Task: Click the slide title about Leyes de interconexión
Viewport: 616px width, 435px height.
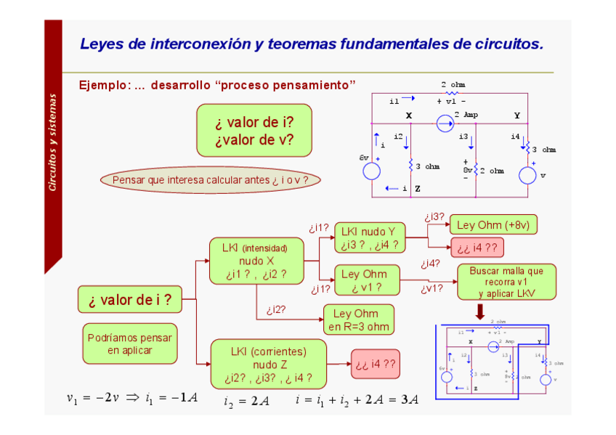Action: tap(311, 44)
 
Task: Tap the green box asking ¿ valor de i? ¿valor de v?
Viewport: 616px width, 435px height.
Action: tap(254, 131)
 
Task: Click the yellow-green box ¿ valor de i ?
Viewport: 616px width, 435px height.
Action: tap(129, 299)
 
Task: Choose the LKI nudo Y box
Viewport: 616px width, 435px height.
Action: tap(369, 238)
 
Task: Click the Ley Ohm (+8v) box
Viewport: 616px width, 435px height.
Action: tap(493, 225)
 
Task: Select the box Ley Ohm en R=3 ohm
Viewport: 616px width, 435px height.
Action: tap(358, 320)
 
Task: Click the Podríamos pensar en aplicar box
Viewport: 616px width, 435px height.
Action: tap(129, 343)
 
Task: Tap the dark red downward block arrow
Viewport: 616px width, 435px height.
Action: tap(480, 312)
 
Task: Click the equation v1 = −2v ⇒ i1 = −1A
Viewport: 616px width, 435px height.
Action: tap(131, 398)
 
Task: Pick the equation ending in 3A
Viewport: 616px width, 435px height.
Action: tap(357, 399)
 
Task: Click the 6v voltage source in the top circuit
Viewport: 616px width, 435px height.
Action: tap(371, 171)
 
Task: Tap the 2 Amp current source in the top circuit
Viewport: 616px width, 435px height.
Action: tap(444, 124)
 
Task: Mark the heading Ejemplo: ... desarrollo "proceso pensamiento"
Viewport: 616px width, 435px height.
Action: tap(217, 86)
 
